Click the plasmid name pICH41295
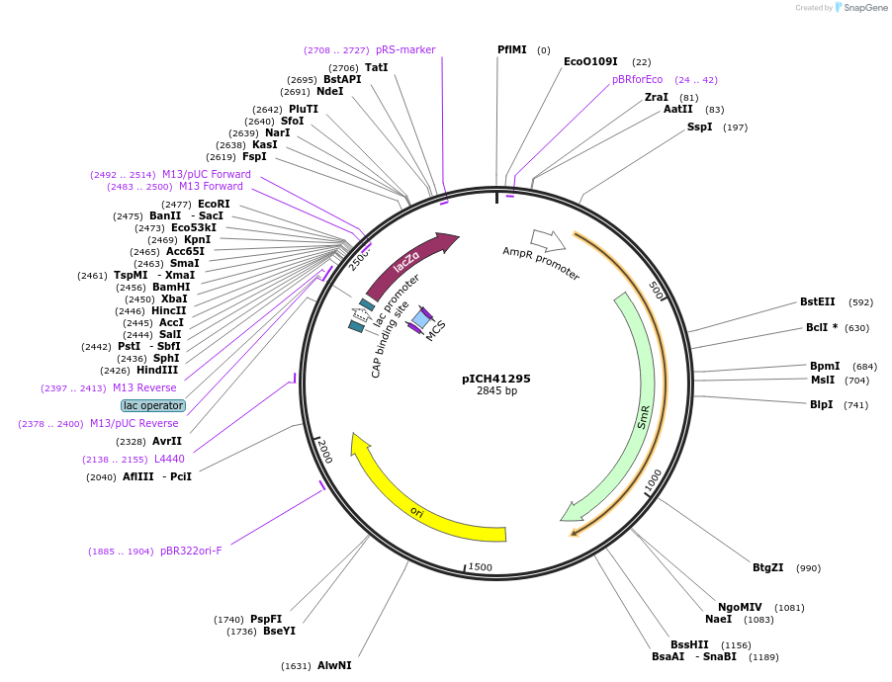pos(495,379)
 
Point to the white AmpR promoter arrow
pos(547,240)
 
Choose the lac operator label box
pos(153,405)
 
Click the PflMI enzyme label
pos(512,49)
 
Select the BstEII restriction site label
pos(817,302)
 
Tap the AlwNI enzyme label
pos(334,665)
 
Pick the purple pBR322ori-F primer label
pos(191,551)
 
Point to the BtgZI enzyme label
pos(767,567)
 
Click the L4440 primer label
pos(169,459)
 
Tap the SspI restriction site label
pos(699,127)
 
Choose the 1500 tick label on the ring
pos(481,566)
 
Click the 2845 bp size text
pos(496,391)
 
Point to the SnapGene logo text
pos(860,8)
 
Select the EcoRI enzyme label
pos(214,204)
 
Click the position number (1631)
pos(296,666)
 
